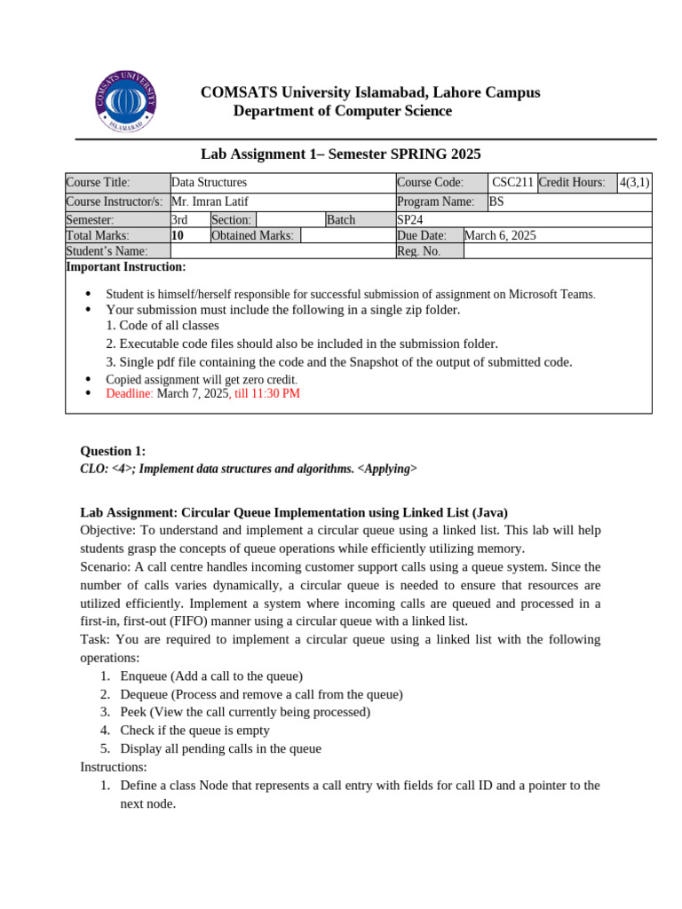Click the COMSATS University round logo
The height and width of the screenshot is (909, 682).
[126, 101]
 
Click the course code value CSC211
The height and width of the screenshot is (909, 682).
[512, 182]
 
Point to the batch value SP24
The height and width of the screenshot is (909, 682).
[410, 219]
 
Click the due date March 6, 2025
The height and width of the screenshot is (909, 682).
[500, 235]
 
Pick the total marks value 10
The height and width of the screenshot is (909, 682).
[178, 235]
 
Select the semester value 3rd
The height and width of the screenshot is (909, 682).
[179, 219]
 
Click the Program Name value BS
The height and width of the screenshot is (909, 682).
[496, 202]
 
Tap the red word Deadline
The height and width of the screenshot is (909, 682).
[130, 393]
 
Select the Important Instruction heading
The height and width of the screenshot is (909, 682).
[126, 266]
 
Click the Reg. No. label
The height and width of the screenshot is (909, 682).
[418, 251]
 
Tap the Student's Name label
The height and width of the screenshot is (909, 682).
[107, 251]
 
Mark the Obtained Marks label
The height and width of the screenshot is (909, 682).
[253, 235]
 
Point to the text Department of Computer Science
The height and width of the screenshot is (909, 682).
[342, 111]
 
